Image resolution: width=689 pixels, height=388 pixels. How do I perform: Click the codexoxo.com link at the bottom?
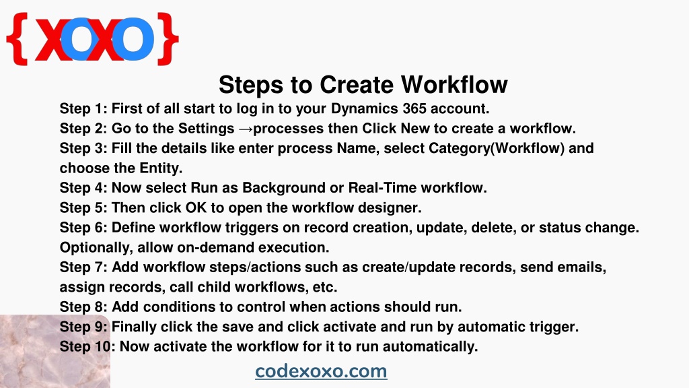pos(321,371)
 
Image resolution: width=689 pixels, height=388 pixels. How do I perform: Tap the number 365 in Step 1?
pos(414,108)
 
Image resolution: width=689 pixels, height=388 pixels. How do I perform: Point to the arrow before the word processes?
pos(245,129)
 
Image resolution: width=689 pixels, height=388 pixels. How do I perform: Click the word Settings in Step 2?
pos(206,129)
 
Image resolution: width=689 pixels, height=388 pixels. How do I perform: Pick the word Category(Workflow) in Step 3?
pos(497,148)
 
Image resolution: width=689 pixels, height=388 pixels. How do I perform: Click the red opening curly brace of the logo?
pos(17,39)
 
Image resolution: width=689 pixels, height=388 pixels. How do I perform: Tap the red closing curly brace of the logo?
pos(168,39)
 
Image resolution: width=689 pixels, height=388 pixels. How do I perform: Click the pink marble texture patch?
pos(55,351)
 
